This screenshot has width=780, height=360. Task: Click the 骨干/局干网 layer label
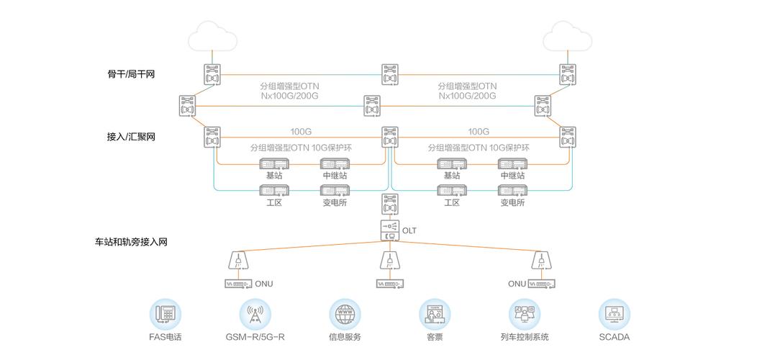[x=130, y=74]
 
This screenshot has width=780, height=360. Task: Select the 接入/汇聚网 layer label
[x=130, y=137]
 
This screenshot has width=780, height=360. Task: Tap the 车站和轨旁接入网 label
[x=131, y=242]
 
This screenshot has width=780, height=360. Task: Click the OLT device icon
[x=389, y=230]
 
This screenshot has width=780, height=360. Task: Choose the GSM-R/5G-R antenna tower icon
[x=255, y=314]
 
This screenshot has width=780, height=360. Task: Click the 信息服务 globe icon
[x=345, y=314]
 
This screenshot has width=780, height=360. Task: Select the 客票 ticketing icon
[x=435, y=314]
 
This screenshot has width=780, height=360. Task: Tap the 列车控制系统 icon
[x=525, y=314]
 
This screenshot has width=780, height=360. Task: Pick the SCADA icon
[x=614, y=314]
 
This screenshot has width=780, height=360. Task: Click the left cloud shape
[x=212, y=36]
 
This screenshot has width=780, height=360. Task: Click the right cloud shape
[x=567, y=36]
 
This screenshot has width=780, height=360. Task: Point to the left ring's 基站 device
[x=274, y=164]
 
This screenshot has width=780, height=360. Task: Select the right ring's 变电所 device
[x=512, y=191]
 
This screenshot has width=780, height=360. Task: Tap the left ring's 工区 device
[x=274, y=191]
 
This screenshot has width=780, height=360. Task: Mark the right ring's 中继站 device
[x=512, y=164]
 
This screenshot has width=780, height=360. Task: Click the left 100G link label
[x=301, y=132]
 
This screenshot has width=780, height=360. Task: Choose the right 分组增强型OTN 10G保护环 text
[x=479, y=148]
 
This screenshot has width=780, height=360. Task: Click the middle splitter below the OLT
[x=389, y=260]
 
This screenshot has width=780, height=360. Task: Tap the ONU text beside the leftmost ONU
[x=264, y=284]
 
